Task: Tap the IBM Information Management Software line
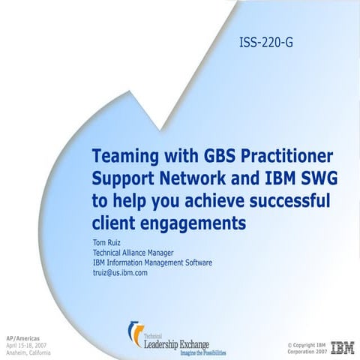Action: pos(152,262)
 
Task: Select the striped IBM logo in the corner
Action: pos(343,346)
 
